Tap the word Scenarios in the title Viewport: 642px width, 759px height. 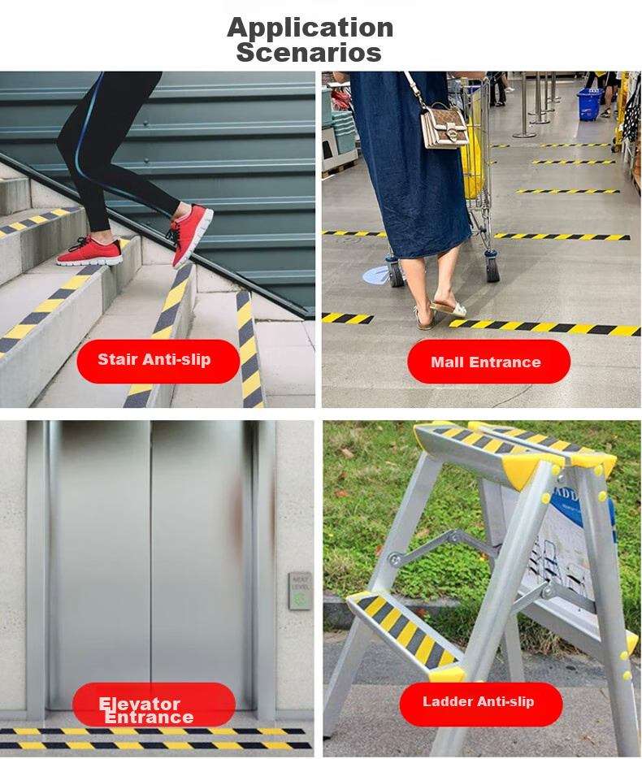[309, 52]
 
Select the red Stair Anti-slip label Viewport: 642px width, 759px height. [158, 361]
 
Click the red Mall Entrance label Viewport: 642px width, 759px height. [489, 362]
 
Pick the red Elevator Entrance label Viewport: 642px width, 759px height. [154, 705]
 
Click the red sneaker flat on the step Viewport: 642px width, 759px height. [90, 251]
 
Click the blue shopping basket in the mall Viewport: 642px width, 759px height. [590, 104]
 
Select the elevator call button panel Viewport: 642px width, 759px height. [300, 591]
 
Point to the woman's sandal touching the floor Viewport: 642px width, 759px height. [448, 308]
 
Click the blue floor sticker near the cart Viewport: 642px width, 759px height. [376, 275]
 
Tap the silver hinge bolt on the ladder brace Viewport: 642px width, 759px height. [395, 561]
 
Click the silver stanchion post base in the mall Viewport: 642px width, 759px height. [524, 134]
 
